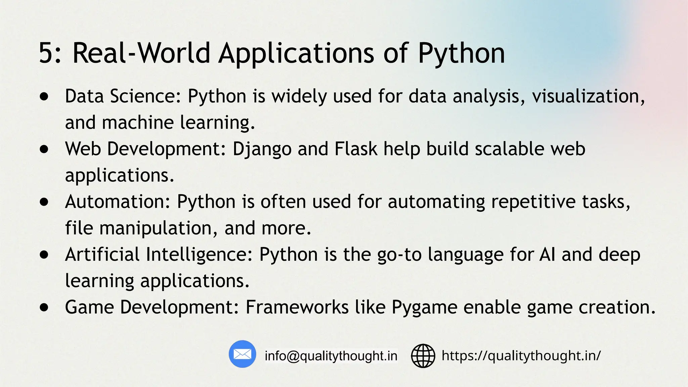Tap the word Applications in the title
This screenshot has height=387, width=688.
[x=296, y=54]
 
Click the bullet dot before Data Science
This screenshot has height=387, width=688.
[x=44, y=97]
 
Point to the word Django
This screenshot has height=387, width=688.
[x=262, y=149]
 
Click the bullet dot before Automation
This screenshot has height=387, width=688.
[x=44, y=202]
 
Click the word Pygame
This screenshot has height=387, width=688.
[x=424, y=308]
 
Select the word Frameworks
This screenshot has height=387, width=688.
[x=297, y=307]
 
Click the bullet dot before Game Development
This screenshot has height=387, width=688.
[x=44, y=307]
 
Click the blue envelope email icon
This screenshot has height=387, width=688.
[x=242, y=354]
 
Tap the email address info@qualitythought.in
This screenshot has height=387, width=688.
[x=331, y=356]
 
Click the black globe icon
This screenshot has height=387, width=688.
[x=423, y=356]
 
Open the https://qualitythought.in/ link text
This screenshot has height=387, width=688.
[x=521, y=355]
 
